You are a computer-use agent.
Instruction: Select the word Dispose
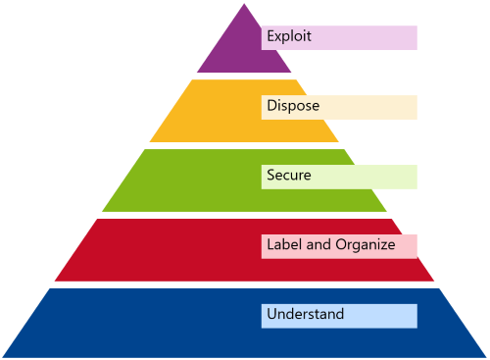click(x=292, y=105)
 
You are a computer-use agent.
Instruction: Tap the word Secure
click(x=288, y=176)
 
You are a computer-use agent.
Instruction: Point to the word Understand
click(x=305, y=315)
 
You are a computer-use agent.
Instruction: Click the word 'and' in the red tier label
click(x=319, y=244)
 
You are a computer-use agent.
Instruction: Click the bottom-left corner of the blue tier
click(x=5, y=355)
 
